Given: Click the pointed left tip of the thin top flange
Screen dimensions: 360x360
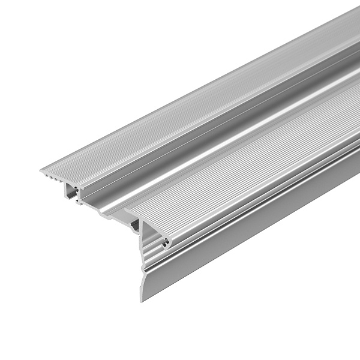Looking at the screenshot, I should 41,171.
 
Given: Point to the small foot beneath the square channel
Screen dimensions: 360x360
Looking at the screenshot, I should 78,203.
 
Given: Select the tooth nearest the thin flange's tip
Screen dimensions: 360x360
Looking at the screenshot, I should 48,176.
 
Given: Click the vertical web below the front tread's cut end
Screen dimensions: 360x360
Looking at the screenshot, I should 143,240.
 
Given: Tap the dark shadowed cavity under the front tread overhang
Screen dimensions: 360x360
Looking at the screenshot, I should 136,225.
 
